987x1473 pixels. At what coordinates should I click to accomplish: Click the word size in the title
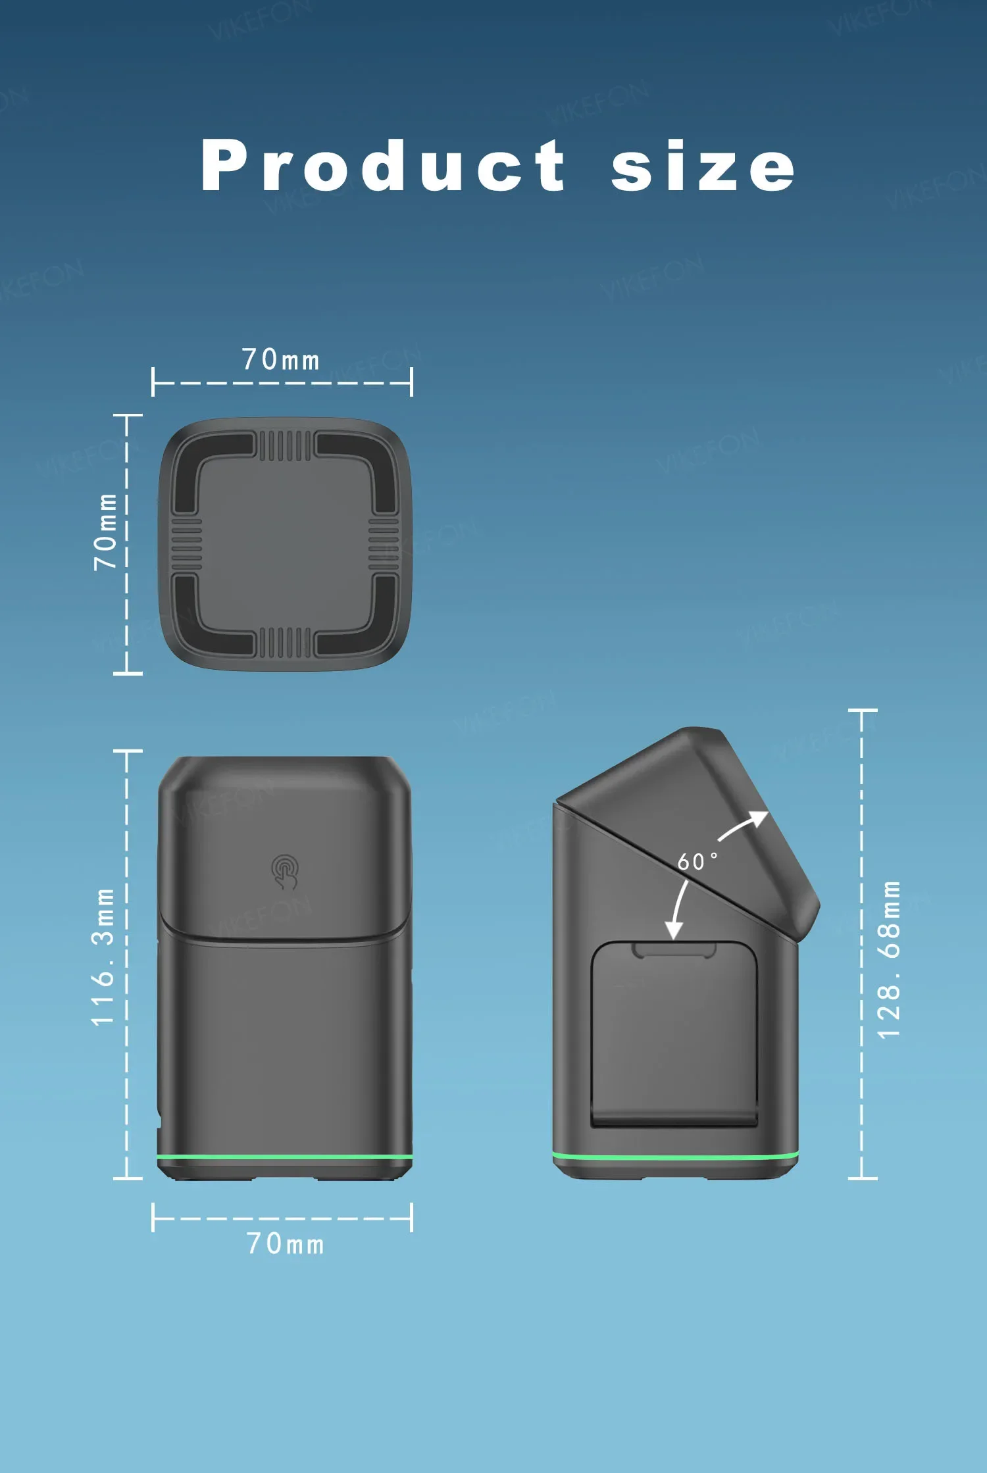[x=703, y=167]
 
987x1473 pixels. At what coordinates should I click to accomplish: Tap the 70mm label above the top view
[x=281, y=360]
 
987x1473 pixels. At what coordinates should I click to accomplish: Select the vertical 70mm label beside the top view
[x=105, y=531]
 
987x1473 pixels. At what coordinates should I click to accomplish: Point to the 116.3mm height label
[x=103, y=957]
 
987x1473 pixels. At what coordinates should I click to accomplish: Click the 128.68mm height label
[x=889, y=960]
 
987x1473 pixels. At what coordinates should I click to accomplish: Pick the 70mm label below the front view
[x=285, y=1244]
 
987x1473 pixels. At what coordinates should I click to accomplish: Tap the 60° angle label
[x=697, y=861]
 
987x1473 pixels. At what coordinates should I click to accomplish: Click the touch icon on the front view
[x=285, y=871]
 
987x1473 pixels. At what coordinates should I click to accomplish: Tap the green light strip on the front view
[x=285, y=1157]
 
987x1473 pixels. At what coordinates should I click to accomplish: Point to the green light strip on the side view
[x=675, y=1156]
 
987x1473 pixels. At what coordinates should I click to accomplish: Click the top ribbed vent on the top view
[x=285, y=445]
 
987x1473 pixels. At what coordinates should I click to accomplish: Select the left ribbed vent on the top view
[x=187, y=543]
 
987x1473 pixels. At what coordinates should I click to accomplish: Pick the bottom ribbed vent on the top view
[x=285, y=642]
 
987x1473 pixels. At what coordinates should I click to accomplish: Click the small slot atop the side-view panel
[x=674, y=949]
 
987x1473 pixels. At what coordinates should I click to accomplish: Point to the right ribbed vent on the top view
[x=384, y=543]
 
